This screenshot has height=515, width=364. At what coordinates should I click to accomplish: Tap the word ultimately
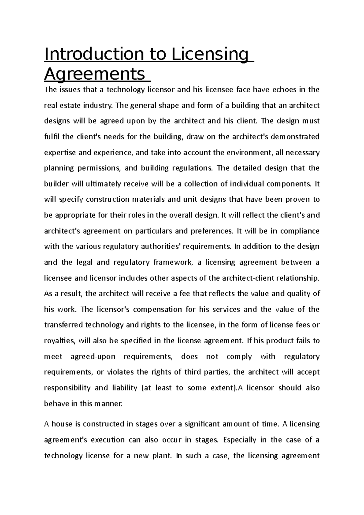(x=103, y=184)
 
